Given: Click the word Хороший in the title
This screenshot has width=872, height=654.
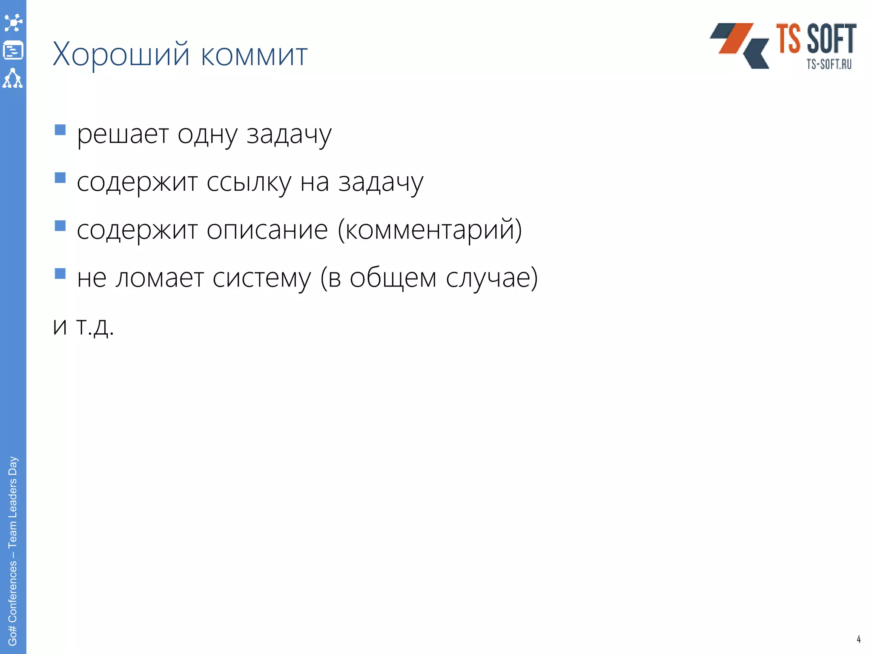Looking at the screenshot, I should (121, 55).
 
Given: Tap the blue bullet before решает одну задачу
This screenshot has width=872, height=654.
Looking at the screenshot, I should (60, 129).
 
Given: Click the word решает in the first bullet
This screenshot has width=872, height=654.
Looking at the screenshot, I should (123, 135).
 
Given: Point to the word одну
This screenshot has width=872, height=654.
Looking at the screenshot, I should (207, 135).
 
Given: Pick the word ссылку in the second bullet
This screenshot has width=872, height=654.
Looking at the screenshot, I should (249, 183).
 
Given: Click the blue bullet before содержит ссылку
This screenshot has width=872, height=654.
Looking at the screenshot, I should (60, 178).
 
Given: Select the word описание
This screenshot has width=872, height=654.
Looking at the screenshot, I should (267, 231).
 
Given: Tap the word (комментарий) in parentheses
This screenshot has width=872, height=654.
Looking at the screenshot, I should (430, 230).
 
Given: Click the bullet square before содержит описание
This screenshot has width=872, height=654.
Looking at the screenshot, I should (60, 225).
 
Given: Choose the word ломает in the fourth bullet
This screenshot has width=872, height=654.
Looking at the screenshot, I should (160, 278).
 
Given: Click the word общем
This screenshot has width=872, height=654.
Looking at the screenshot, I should (393, 278).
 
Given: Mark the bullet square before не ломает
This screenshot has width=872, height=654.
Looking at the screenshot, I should (60, 273).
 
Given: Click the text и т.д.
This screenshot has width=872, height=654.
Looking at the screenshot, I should (83, 327).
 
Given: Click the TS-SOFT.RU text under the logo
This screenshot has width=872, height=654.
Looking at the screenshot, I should (829, 64).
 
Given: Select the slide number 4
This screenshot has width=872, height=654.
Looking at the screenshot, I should (858, 639).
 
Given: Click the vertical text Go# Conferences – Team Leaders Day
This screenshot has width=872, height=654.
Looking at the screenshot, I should (13, 551).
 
